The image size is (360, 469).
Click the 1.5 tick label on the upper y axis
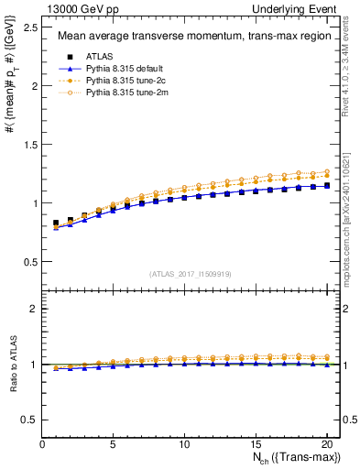(30, 145)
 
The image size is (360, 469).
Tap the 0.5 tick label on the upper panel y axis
(30, 262)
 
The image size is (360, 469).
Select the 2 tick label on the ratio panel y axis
(34, 309)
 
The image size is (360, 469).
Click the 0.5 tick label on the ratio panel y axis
(30, 420)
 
